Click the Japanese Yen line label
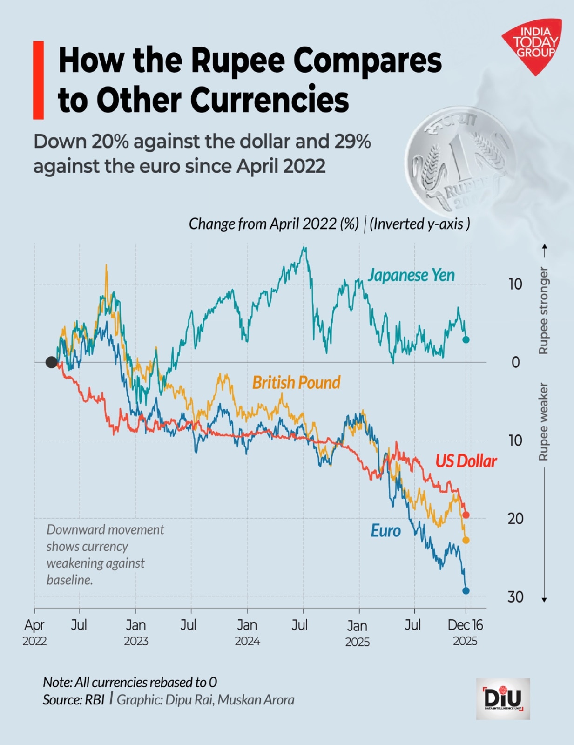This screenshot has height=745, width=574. click(x=411, y=275)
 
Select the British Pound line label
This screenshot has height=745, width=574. click(x=296, y=383)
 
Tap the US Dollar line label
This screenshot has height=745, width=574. click(x=466, y=461)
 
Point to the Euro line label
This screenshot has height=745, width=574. click(x=385, y=531)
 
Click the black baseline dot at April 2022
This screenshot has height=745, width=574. click(x=51, y=362)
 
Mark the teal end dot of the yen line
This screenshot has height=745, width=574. click(x=466, y=340)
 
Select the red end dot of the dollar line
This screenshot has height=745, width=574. click(x=466, y=515)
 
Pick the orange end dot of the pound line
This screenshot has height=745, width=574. click(x=466, y=540)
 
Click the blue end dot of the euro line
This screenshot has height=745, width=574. click(x=466, y=591)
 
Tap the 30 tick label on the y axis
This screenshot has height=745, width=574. click(x=515, y=597)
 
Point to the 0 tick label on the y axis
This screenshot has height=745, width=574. click(x=515, y=362)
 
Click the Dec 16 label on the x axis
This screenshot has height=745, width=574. click(x=465, y=625)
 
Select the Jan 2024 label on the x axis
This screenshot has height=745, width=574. click(x=247, y=632)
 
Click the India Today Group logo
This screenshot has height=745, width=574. click(x=534, y=46)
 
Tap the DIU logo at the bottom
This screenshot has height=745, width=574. click(x=503, y=698)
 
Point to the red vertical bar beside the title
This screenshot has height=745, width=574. click(x=38, y=80)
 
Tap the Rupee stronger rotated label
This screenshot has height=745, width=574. click(x=543, y=310)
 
